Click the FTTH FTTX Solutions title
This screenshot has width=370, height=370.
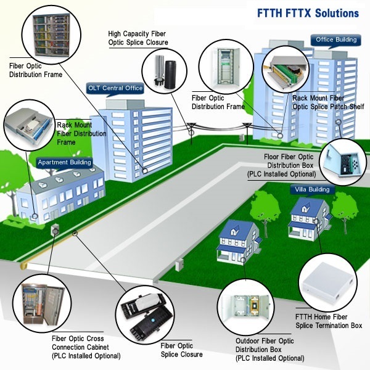click(x=308, y=13)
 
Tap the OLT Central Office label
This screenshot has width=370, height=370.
click(x=115, y=88)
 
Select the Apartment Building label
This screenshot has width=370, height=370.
click(x=64, y=162)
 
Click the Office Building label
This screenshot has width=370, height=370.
click(x=336, y=39)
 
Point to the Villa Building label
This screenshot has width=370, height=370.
click(x=312, y=189)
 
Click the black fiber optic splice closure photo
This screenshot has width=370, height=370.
click(x=145, y=316)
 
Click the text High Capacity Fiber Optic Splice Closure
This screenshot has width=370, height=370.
click(x=138, y=38)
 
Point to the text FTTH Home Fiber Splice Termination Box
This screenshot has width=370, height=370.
click(x=329, y=321)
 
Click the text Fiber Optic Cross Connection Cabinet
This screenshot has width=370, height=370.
click(x=80, y=343)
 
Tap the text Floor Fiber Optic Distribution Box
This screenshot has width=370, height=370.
click(x=289, y=161)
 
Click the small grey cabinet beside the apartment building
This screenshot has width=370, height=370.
click(x=55, y=229)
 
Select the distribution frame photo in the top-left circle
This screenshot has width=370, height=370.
click(x=51, y=35)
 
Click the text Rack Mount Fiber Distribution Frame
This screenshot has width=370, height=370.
click(x=81, y=134)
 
